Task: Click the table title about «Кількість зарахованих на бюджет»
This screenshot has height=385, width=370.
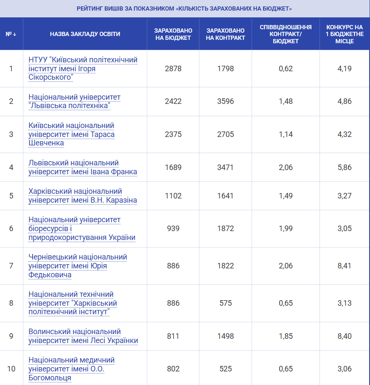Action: (x=185, y=8)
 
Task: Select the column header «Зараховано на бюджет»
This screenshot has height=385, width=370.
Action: (x=173, y=34)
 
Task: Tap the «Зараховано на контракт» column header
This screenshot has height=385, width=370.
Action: (x=225, y=34)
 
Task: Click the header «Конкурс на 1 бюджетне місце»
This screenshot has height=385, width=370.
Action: (x=345, y=34)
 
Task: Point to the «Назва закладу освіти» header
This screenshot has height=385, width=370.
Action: (x=85, y=34)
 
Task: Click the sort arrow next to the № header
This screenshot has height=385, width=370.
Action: (x=15, y=34)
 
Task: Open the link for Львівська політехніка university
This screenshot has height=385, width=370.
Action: (x=74, y=101)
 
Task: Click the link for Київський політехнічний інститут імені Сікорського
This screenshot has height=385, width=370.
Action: (x=83, y=68)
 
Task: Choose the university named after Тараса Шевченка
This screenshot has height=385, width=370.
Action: (x=71, y=134)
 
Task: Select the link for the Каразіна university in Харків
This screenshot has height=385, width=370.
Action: (x=82, y=195)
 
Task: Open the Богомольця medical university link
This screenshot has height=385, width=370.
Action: (x=71, y=369)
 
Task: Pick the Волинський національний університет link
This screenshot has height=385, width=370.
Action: (x=83, y=336)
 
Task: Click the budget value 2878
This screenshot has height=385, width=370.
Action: (x=173, y=68)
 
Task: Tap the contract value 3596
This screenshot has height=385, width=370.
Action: (x=225, y=101)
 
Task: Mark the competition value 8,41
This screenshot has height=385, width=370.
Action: (x=345, y=266)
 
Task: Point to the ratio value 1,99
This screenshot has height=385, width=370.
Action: (x=286, y=229)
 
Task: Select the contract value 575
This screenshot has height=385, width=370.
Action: (x=225, y=303)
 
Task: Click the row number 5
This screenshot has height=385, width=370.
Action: (x=11, y=195)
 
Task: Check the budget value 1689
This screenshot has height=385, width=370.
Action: (x=173, y=167)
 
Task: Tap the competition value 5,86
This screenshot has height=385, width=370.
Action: (x=345, y=167)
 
